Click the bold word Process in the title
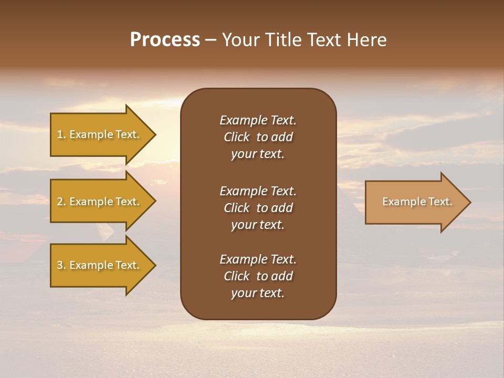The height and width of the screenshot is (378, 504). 165,40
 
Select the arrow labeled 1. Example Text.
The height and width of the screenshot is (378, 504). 100,134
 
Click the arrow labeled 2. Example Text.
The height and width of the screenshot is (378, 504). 100,202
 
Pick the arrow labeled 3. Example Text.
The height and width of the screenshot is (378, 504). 100,265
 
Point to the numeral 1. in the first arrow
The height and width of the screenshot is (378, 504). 61,134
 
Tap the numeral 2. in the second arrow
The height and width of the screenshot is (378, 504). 61,202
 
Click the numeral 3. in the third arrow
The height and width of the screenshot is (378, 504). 61,265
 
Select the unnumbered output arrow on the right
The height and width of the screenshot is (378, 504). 415,202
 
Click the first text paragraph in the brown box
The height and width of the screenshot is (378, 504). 258,137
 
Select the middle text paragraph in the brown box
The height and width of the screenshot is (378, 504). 258,208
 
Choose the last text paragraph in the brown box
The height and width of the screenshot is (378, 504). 258,276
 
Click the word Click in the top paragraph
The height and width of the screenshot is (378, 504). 236,137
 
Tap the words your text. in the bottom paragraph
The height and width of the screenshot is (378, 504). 258,293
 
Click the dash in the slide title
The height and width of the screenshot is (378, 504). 211,40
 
